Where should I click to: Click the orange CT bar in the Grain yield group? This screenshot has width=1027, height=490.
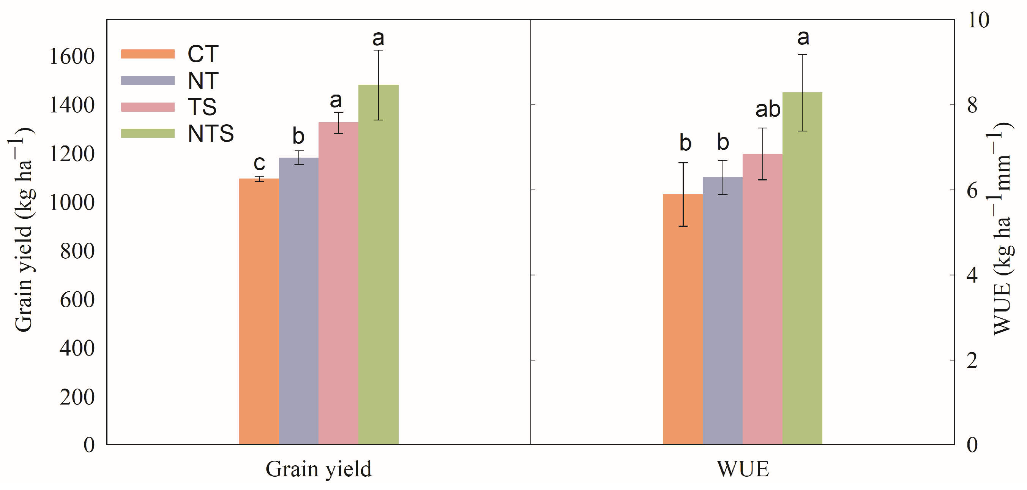(x=259, y=311)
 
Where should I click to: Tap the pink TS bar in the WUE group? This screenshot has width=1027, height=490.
(x=762, y=299)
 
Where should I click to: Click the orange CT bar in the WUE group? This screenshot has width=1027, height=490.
(x=683, y=319)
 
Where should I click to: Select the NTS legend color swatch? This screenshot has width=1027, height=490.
(x=148, y=133)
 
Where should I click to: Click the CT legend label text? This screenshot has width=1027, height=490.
(x=203, y=54)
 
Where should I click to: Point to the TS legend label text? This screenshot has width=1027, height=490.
(x=202, y=107)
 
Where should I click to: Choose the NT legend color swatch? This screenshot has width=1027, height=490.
(x=148, y=80)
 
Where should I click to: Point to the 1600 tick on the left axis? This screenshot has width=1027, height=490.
(x=72, y=56)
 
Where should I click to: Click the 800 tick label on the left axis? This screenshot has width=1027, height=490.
(x=77, y=251)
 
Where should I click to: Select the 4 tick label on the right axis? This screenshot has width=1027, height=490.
(x=972, y=275)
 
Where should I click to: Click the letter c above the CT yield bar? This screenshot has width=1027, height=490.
(x=259, y=163)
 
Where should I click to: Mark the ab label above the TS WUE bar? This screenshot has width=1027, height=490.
(x=768, y=109)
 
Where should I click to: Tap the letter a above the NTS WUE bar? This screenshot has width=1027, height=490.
(x=803, y=38)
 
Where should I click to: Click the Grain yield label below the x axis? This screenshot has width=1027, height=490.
(x=318, y=469)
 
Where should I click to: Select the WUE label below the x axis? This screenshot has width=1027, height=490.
(x=743, y=469)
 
